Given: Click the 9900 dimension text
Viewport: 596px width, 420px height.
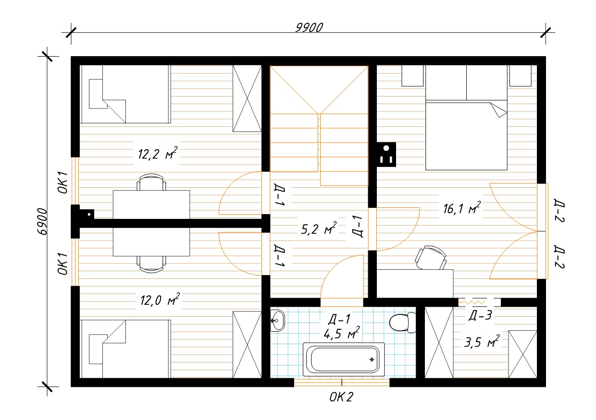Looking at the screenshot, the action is (x=309, y=28).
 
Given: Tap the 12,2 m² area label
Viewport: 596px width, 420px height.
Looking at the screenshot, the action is (x=158, y=153).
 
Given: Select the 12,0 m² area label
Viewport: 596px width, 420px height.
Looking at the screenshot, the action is (x=160, y=300).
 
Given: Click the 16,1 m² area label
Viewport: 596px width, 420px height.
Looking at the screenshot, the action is (x=462, y=208).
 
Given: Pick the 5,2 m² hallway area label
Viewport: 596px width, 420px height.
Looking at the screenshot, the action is (x=319, y=228).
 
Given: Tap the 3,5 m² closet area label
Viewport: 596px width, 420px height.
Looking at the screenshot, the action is (x=482, y=342).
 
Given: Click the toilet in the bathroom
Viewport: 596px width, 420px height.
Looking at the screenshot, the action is (x=402, y=323).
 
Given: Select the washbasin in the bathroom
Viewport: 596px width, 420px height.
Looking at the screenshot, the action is (x=277, y=321).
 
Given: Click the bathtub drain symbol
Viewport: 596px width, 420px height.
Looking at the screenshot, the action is (x=372, y=360).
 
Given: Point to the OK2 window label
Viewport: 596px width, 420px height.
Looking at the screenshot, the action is (x=341, y=397).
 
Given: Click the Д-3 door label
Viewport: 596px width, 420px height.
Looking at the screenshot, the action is (x=480, y=315).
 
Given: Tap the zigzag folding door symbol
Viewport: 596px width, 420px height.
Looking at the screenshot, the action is (x=474, y=302).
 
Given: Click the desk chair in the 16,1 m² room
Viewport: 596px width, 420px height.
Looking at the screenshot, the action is (x=431, y=257).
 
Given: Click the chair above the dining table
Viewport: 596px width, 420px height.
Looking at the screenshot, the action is (x=151, y=182).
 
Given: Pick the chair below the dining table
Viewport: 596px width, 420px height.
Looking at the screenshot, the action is (x=151, y=264).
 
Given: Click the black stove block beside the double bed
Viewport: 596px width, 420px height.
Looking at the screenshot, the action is (x=386, y=155).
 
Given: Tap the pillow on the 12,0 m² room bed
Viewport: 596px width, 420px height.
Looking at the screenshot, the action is (x=96, y=349).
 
